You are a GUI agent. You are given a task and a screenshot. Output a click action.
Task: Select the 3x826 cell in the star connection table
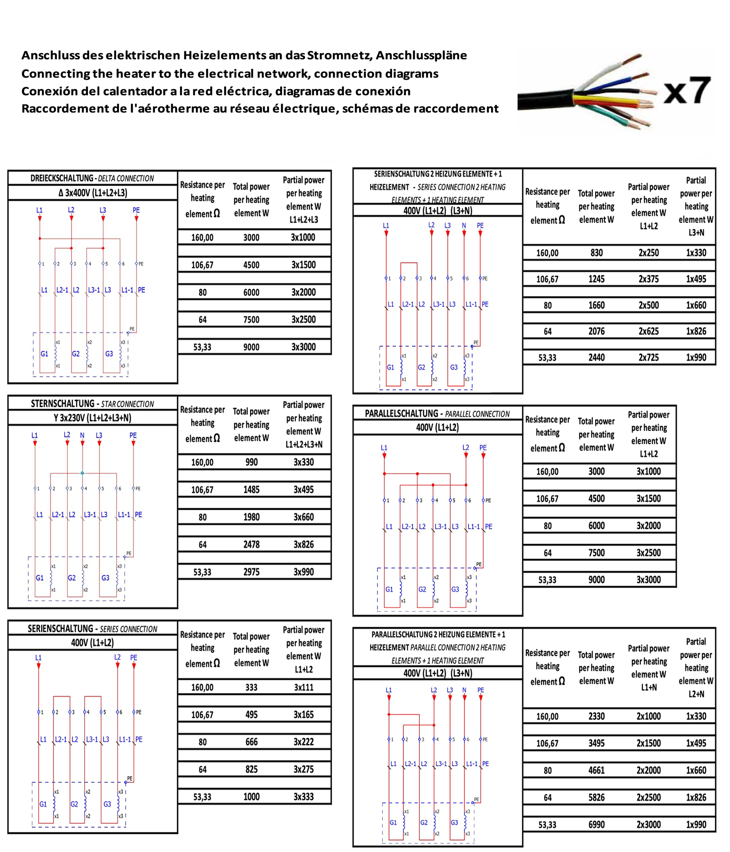point(304,544)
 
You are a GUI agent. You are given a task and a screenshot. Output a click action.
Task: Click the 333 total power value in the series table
point(251,687)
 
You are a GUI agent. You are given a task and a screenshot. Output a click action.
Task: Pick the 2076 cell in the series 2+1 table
point(596,331)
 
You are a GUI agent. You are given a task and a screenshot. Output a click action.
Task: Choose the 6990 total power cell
point(596,824)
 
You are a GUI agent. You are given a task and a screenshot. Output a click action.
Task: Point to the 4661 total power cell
point(596,770)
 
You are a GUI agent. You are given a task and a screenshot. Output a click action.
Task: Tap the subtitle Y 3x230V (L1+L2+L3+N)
point(92,418)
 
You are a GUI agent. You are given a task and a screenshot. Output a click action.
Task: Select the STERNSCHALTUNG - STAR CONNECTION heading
point(92,404)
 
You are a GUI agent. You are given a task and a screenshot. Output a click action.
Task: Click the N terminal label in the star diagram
point(82,435)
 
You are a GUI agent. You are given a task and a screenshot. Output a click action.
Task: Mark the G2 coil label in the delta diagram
point(76,354)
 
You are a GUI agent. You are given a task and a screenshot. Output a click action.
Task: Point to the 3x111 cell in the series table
point(304,687)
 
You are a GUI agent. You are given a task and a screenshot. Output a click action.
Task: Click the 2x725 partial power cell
point(648,357)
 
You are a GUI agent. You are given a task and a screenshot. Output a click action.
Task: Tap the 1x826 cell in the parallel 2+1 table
point(696,797)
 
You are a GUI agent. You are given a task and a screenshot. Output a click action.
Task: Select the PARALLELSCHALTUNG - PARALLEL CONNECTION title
point(437,414)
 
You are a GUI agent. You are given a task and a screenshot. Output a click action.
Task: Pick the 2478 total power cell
point(251,544)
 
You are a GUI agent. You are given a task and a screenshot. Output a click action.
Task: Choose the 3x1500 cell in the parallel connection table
point(648,498)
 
